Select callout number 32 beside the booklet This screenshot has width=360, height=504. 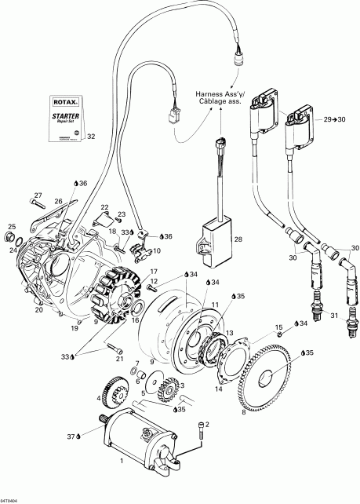91,137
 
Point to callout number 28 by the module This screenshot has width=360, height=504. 239,239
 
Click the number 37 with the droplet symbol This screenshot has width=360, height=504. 71,436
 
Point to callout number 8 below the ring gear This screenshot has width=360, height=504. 245,411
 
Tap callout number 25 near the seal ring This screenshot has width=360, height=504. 11,228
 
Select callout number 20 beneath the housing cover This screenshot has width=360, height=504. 39,309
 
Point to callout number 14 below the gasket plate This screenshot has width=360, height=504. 219,389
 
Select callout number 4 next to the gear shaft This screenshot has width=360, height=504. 98,400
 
